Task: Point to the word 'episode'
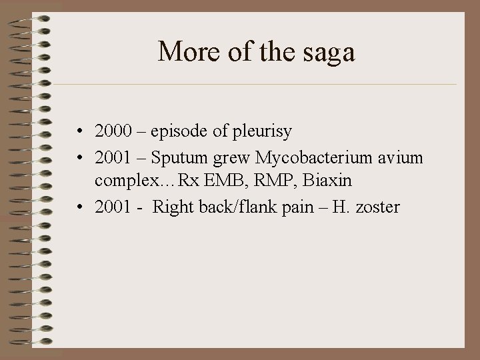coord(179,132)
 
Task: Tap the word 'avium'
coord(399,157)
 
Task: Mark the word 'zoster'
coord(377,207)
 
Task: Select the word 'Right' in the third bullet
coord(171,207)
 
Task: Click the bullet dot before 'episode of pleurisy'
coord(79,132)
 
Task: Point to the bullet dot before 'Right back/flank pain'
coord(79,207)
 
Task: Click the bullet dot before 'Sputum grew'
coord(79,157)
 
